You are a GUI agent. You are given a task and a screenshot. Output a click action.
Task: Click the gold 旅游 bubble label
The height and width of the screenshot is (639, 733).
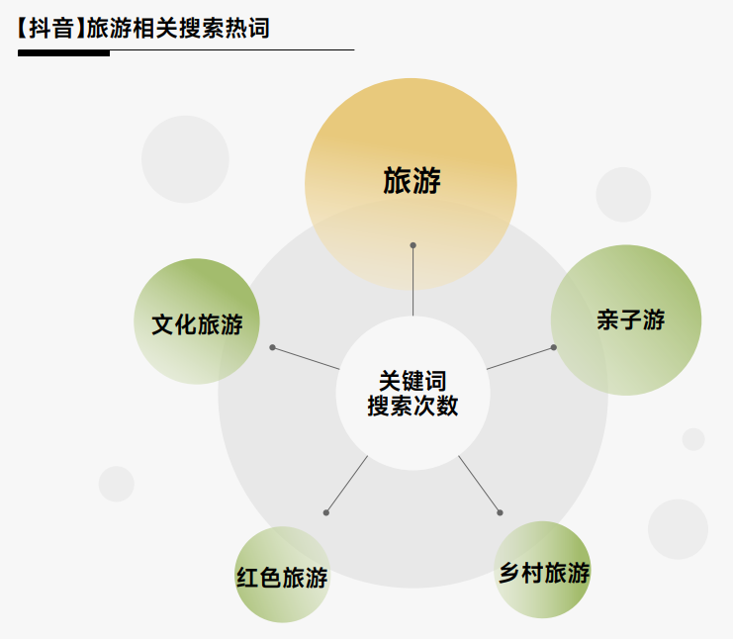[412, 181]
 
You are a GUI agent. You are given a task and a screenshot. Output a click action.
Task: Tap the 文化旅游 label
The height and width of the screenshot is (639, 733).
[197, 324]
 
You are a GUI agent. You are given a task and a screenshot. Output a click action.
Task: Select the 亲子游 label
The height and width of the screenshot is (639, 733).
[630, 319]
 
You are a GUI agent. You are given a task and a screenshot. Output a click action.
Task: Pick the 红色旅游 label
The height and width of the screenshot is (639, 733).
[281, 578]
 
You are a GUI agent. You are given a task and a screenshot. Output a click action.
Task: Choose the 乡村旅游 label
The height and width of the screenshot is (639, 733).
[544, 573]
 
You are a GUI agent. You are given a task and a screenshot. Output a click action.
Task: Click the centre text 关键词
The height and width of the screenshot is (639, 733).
[412, 380]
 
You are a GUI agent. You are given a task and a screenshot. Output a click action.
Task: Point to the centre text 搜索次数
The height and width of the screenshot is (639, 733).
[412, 406]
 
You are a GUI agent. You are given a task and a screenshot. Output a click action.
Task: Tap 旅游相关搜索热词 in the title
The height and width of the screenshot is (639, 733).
[178, 28]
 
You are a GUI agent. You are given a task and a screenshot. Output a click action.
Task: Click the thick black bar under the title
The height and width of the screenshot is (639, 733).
[63, 52]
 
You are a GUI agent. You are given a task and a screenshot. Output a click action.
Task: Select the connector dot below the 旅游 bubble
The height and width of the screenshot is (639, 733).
[412, 245]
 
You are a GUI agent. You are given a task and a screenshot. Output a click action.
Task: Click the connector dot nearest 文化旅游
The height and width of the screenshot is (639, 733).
[272, 347]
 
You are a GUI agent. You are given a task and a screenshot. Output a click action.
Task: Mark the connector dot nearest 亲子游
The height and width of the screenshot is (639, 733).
[553, 347]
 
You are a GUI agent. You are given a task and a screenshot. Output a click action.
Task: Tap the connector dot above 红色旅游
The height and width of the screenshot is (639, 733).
[325, 512]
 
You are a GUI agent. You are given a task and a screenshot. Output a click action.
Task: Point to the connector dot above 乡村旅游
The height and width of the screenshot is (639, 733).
[500, 512]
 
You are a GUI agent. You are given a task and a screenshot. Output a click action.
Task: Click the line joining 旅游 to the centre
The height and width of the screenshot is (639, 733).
[412, 282]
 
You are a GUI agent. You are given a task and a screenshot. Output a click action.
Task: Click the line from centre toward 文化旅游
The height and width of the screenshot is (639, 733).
[307, 359]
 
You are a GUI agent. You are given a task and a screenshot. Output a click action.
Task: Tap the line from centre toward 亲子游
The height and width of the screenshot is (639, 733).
[519, 358]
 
